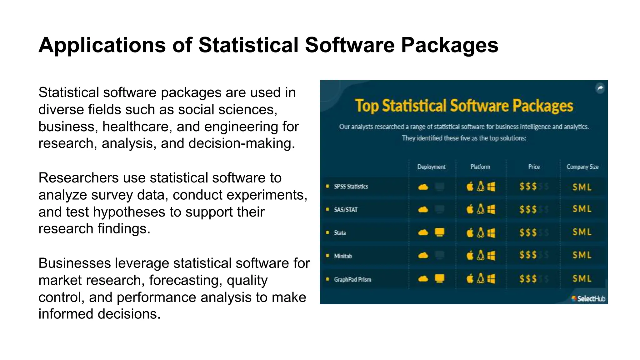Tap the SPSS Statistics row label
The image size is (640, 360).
tap(351, 187)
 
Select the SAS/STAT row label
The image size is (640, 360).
tap(345, 210)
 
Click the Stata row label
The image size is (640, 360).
tap(340, 233)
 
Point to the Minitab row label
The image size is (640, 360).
tap(343, 256)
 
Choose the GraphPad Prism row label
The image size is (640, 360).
tap(352, 279)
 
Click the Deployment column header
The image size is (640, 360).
tap(431, 167)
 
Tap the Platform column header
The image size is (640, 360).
tap(480, 167)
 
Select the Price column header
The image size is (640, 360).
tap(534, 167)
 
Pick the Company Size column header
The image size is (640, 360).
tap(582, 167)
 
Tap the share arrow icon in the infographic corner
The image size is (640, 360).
tap(600, 88)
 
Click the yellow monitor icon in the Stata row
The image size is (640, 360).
tap(439, 232)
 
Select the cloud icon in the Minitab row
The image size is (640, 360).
tap(423, 256)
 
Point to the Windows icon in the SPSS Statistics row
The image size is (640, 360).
tap(491, 187)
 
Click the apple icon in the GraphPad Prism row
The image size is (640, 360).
tap(470, 279)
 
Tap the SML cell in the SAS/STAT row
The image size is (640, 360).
tap(582, 209)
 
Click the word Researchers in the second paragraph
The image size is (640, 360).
tap(78, 178)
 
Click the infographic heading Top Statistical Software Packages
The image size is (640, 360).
tap(464, 106)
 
